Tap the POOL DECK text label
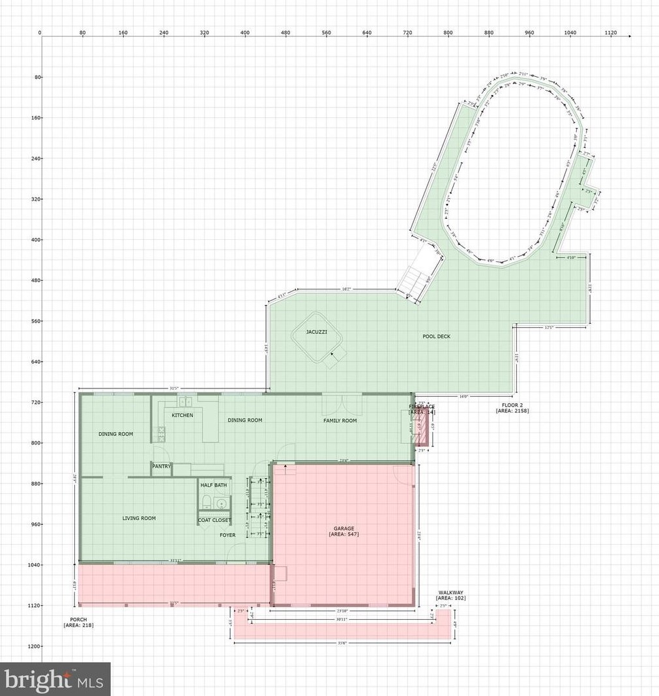click(x=436, y=336)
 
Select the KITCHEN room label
click(x=183, y=415)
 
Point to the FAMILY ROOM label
click(x=340, y=420)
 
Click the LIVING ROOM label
click(x=139, y=518)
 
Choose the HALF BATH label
click(x=214, y=486)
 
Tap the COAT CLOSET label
click(x=214, y=520)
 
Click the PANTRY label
click(x=162, y=466)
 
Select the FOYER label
click(x=227, y=535)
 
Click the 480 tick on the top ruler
click(x=286, y=32)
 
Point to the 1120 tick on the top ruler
click(x=611, y=32)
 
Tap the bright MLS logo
click(x=55, y=679)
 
